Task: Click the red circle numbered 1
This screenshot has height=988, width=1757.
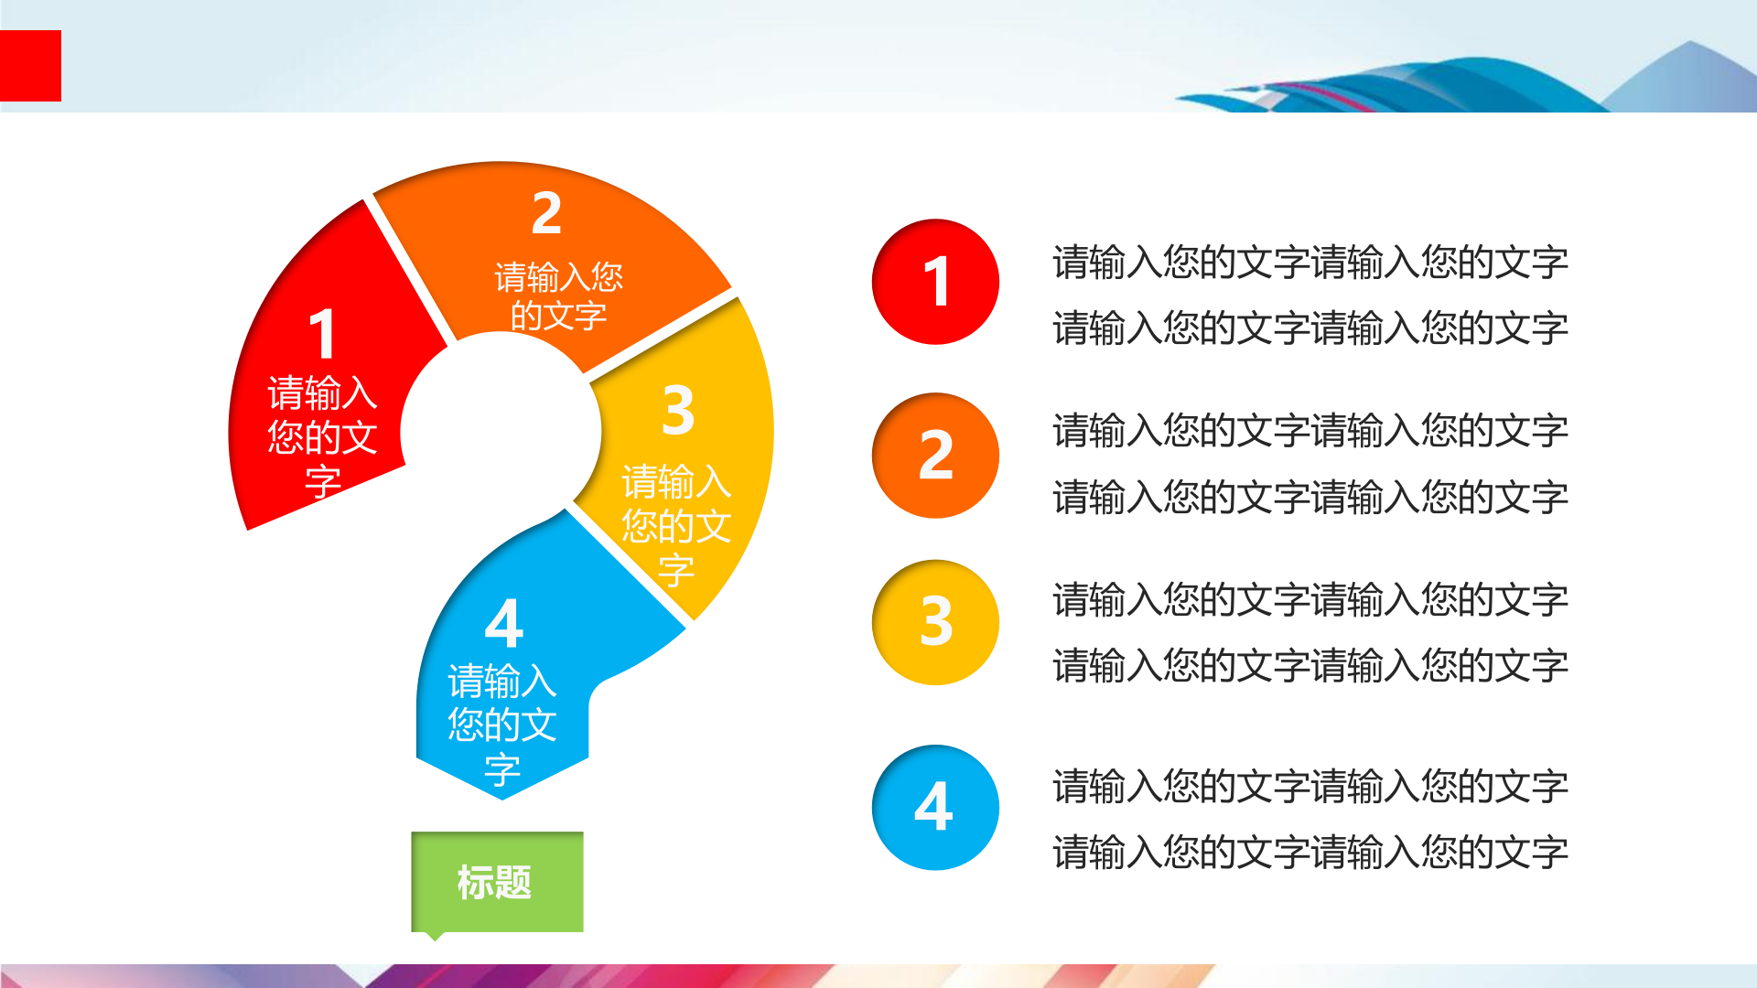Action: pos(935,282)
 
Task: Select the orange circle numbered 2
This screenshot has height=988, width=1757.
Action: pos(935,456)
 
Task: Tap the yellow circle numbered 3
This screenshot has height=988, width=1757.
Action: pos(935,622)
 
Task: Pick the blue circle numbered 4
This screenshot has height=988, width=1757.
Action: pos(935,807)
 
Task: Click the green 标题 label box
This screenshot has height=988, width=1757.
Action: pos(497,882)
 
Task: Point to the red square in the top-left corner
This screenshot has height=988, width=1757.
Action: pos(30,66)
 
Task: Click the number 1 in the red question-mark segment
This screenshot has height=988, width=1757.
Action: pos(322,334)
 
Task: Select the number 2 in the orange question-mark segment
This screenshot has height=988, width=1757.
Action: pos(546,213)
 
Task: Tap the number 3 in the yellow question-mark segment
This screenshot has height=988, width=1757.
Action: pos(678,410)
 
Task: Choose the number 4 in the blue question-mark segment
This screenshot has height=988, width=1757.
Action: pos(504,624)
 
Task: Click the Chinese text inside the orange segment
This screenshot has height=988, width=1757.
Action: pos(558,296)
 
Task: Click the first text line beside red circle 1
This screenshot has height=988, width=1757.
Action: pos(1310,263)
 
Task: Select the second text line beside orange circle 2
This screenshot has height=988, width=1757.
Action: pos(1310,498)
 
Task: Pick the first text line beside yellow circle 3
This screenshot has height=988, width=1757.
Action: pos(1310,600)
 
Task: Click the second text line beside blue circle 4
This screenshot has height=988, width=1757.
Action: pos(1310,853)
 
